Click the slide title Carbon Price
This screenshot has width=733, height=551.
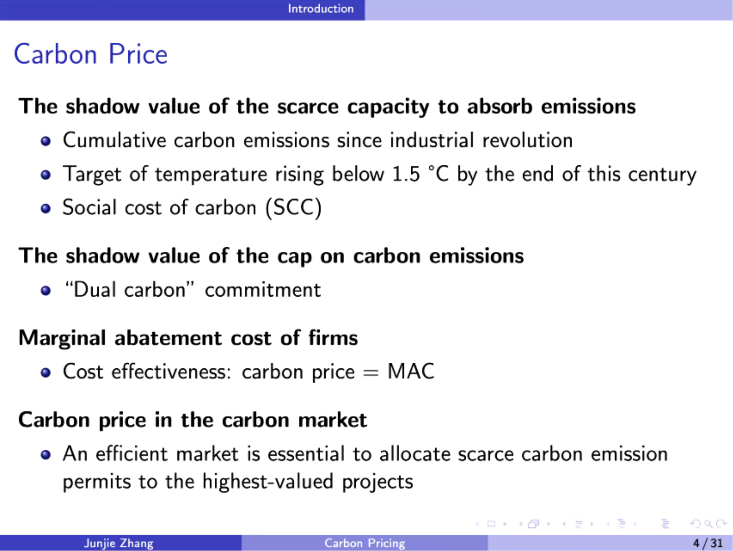(91, 54)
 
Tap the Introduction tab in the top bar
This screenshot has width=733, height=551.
(321, 8)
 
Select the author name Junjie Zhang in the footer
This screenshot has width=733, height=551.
(119, 543)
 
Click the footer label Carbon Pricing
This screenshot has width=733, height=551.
(365, 543)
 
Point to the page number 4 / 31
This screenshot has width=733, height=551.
(708, 543)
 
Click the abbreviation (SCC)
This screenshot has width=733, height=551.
(294, 208)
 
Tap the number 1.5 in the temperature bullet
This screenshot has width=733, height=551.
(406, 174)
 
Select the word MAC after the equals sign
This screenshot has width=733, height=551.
(411, 371)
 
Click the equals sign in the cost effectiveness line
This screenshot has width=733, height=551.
(371, 373)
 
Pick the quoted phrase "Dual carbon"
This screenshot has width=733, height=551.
(129, 290)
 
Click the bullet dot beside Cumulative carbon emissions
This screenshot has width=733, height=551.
(46, 141)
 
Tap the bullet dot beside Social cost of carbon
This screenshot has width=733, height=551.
(46, 209)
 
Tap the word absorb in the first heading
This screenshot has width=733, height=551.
(500, 106)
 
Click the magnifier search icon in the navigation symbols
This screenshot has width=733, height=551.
(708, 524)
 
